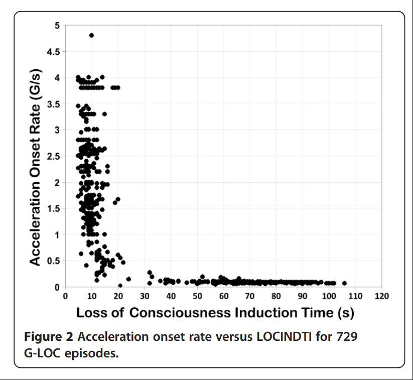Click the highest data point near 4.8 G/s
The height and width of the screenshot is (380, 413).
point(91,35)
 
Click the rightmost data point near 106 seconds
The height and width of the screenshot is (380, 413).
point(344,283)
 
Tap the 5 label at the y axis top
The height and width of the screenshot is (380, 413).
point(57,25)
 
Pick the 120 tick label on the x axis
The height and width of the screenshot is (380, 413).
point(381,296)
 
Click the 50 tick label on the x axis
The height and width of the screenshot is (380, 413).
point(197,296)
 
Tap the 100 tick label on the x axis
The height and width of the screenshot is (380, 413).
point(329,296)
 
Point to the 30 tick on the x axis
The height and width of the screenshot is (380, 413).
point(144,296)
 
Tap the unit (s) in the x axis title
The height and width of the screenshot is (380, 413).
point(345,313)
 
